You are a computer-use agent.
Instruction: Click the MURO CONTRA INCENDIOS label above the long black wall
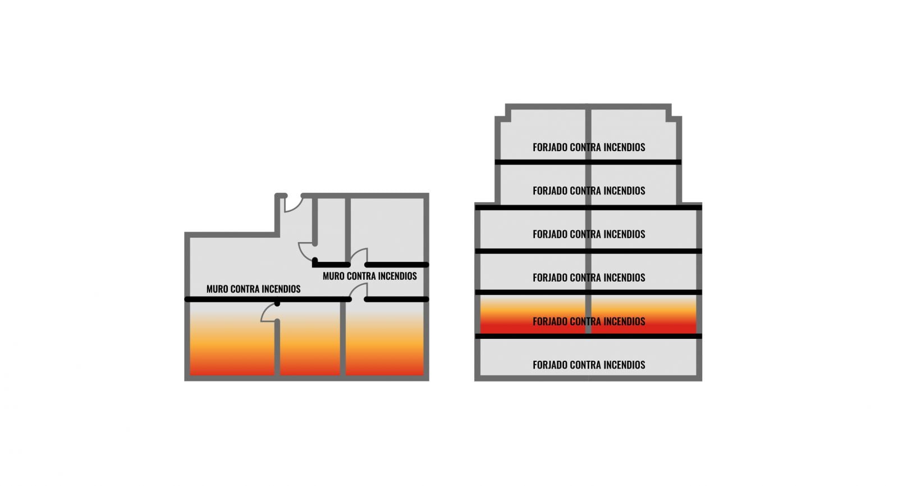pos(253,289)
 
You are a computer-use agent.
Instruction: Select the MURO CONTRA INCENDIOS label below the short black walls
pos(369,276)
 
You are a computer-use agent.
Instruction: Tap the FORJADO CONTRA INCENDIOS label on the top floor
pos(589,147)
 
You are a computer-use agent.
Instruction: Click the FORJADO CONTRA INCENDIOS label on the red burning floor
pos(589,321)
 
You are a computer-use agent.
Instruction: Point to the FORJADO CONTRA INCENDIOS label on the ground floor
pos(589,365)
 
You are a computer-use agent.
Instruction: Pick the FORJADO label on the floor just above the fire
pos(589,278)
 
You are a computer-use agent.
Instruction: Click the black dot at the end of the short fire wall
pos(315,260)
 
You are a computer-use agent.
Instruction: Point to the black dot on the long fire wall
pos(277,303)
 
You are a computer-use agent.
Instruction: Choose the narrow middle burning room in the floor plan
pos(310,343)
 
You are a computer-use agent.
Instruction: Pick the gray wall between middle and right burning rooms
pos(342,343)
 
